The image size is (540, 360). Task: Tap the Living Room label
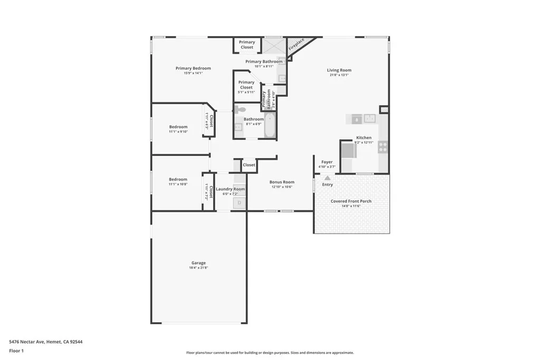[339, 70]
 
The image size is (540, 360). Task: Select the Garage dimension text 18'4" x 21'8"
[198, 268]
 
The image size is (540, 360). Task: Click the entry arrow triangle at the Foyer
[327, 178]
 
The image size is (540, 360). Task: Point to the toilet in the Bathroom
[240, 110]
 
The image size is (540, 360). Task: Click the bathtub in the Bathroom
[269, 127]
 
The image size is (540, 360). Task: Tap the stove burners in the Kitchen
[383, 147]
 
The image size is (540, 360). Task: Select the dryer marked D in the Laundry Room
[239, 202]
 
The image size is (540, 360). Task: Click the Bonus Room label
[282, 182]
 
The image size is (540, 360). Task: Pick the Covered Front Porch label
[351, 201]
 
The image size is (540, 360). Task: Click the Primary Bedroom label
[193, 68]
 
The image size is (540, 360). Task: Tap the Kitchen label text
[364, 138]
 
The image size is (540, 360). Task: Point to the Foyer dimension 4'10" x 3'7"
[327, 167]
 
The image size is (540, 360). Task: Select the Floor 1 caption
[16, 351]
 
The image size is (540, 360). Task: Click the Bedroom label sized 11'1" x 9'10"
[178, 127]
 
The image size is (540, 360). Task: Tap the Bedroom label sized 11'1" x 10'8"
[178, 179]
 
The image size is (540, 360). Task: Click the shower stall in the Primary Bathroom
[274, 45]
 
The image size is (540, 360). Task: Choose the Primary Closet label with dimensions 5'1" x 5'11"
[246, 85]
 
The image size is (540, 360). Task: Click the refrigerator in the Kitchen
[348, 151]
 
